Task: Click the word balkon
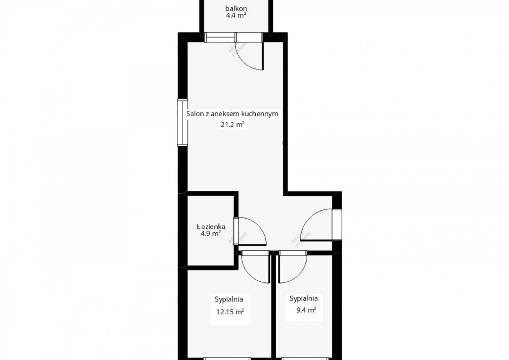(x=236, y=8)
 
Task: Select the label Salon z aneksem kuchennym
(x=232, y=114)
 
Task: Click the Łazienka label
(x=211, y=227)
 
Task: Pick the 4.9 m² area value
(x=210, y=234)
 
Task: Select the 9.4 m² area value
(x=306, y=310)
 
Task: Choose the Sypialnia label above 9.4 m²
(x=304, y=298)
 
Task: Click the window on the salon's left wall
(x=182, y=123)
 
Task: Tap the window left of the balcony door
(x=220, y=38)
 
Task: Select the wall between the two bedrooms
(x=274, y=305)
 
